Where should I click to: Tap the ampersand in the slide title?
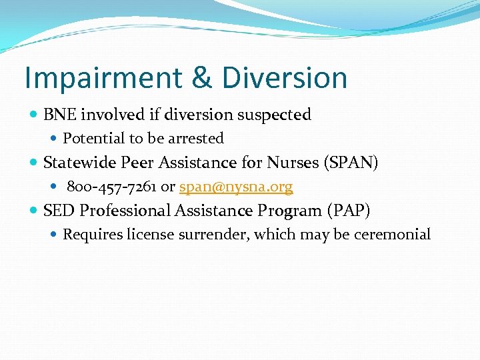(x=201, y=78)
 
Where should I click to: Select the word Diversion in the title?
(x=285, y=78)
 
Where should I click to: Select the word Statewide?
(x=74, y=163)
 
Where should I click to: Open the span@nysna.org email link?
(x=236, y=187)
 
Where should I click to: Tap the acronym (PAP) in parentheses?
(x=349, y=211)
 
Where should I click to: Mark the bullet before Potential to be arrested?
(x=54, y=139)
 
